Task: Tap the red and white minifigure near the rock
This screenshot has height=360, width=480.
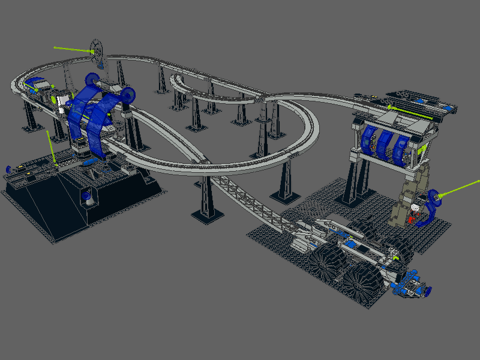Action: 415,211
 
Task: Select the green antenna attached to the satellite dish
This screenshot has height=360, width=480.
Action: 72,50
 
